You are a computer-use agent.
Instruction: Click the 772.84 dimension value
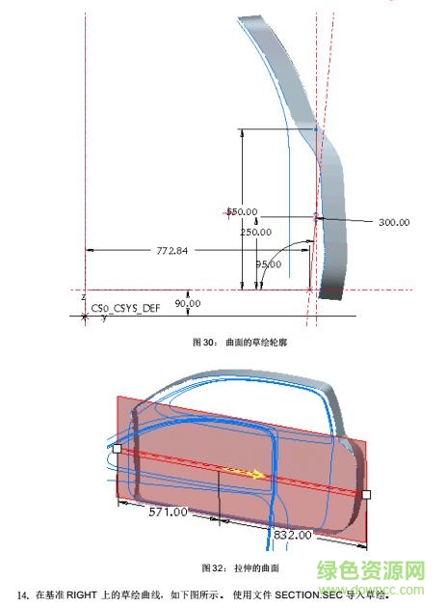[x=171, y=251]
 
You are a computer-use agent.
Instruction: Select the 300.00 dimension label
[x=393, y=222]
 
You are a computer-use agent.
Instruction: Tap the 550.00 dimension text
[x=242, y=211]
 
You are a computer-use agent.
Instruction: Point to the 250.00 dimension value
[x=255, y=232]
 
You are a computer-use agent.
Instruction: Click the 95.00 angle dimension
[x=269, y=263]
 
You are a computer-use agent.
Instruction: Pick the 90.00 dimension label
[x=187, y=304]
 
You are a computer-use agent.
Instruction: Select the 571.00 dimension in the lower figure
[x=167, y=512]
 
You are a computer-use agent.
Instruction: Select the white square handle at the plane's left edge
[x=117, y=449]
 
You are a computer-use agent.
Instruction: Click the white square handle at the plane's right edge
[x=365, y=494]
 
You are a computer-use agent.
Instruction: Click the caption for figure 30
[x=223, y=342]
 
